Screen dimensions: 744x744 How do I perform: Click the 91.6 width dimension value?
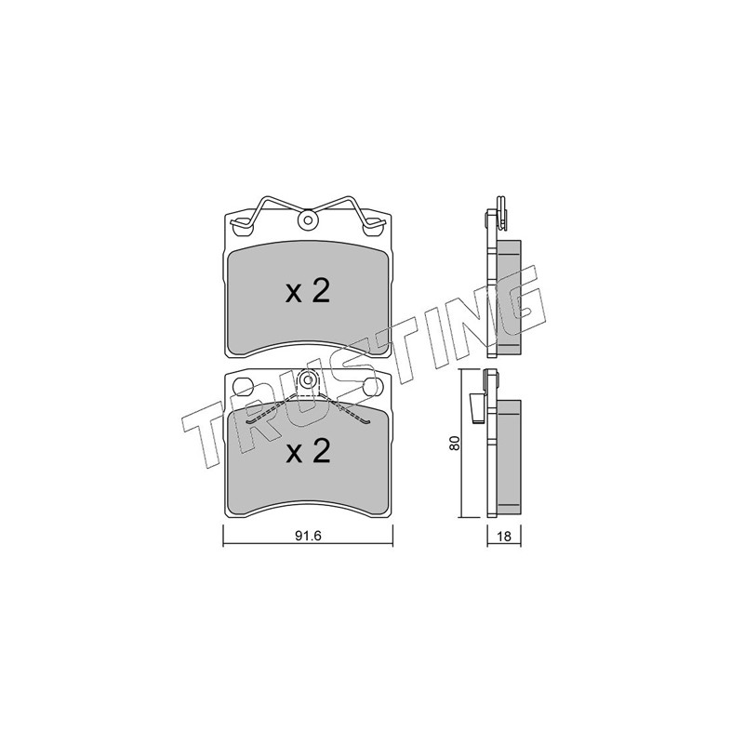[x=309, y=536]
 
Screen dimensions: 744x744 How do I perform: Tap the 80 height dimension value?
[x=455, y=444]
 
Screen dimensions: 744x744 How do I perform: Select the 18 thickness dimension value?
[x=504, y=537]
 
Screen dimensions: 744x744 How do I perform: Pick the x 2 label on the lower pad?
[x=308, y=451]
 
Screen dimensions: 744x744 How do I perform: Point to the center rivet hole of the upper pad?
[x=308, y=220]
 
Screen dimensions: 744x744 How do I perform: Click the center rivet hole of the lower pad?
[x=308, y=379]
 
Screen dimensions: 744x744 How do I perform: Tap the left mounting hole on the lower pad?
[x=243, y=386]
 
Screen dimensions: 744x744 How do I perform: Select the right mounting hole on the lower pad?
[x=373, y=386]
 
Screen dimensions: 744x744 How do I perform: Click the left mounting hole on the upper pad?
[x=243, y=227]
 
